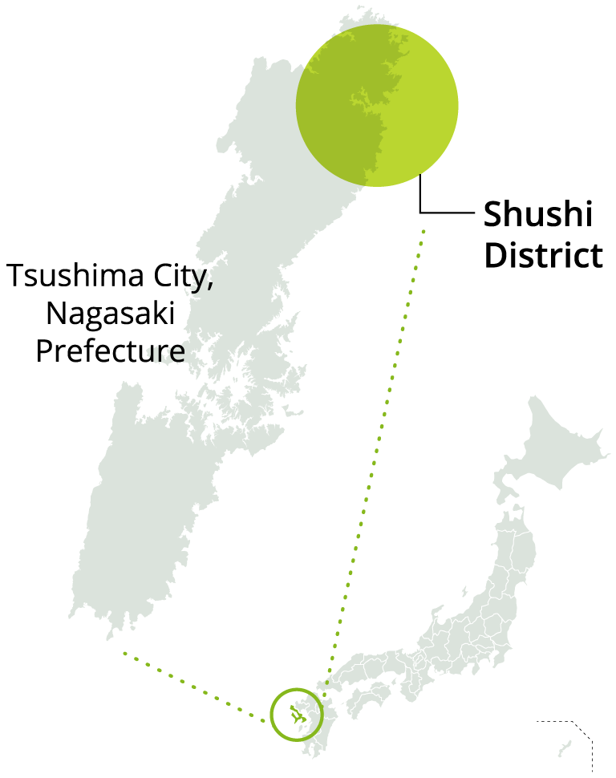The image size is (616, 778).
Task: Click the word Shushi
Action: tap(537, 215)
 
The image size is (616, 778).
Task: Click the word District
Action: tap(544, 256)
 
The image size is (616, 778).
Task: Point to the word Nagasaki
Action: tap(110, 314)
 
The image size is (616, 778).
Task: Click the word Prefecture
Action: tap(110, 351)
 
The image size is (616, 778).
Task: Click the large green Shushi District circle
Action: tap(377, 105)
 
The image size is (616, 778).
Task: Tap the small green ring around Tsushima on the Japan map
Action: tap(296, 691)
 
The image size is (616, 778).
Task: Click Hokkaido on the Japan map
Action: tap(553, 449)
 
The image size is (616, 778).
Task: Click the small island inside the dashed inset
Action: tap(565, 749)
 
